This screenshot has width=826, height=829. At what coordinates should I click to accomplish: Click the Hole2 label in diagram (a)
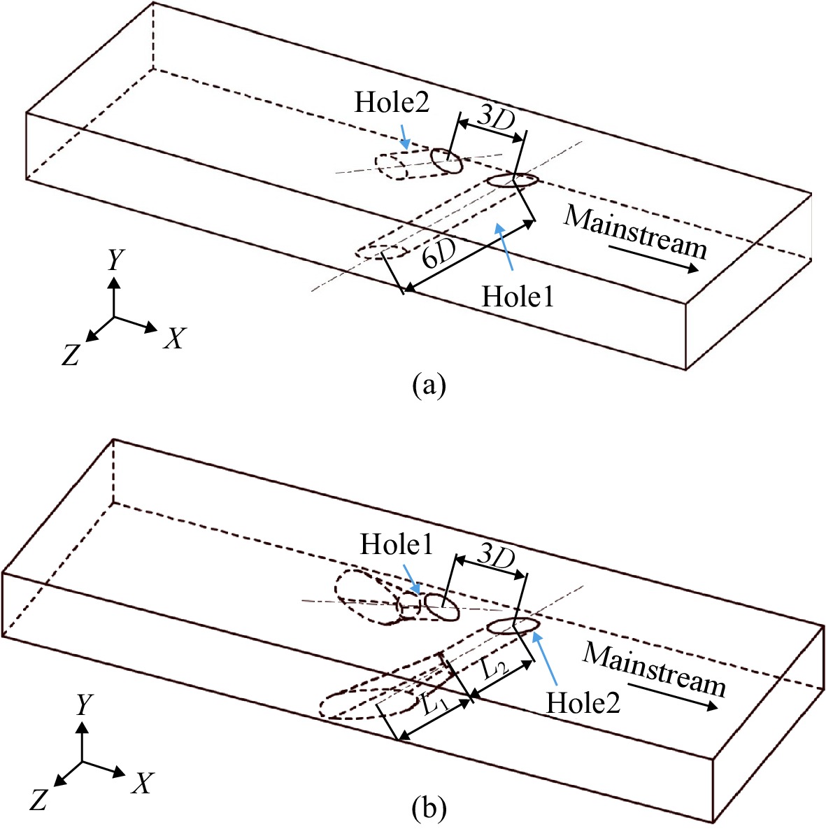[x=392, y=102]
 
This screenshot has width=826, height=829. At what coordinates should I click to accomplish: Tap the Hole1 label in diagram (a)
[x=518, y=296]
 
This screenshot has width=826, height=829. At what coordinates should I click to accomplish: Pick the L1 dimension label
[x=436, y=704]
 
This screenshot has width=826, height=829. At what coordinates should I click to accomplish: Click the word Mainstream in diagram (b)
[x=654, y=669]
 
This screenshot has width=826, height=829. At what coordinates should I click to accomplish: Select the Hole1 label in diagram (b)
[x=397, y=544]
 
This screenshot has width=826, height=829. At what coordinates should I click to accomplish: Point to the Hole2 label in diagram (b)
[x=583, y=704]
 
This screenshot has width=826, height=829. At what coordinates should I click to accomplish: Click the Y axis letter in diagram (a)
[x=115, y=260]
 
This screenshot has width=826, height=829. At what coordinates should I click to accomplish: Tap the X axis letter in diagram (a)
[x=175, y=338]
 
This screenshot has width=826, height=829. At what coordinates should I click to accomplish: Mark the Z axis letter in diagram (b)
[x=38, y=800]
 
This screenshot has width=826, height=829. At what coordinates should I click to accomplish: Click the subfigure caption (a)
[x=429, y=385]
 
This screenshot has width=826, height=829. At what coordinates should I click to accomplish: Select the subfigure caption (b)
[x=429, y=809]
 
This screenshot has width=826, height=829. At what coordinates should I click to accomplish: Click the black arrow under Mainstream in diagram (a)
[x=653, y=258]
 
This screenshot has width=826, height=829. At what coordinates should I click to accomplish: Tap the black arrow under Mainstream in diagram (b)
[x=673, y=695]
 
